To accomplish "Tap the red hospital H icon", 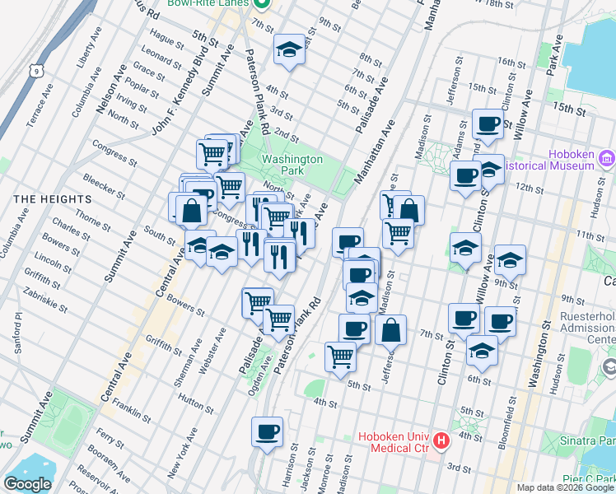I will coord(441,440).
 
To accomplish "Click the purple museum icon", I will coord(607,157).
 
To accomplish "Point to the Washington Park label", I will coord(291,165).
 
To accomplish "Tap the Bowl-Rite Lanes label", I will coord(208,3).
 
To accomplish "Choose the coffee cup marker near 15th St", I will coord(488,125).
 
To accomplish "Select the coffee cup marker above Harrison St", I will coord(266,432).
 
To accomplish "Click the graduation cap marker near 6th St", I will coord(482,352).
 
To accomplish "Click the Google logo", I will coord(27,484).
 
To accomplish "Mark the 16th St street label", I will coord(511,63).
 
